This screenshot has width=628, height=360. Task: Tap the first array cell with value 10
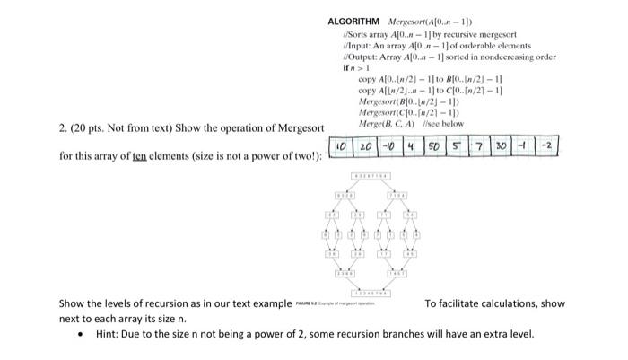pyautogui.click(x=342, y=146)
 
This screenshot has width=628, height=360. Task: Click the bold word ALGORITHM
pyautogui.click(x=354, y=21)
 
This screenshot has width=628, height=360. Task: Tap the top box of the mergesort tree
pyautogui.click(x=369, y=175)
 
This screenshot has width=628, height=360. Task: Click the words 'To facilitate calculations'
pyautogui.click(x=469, y=303)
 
